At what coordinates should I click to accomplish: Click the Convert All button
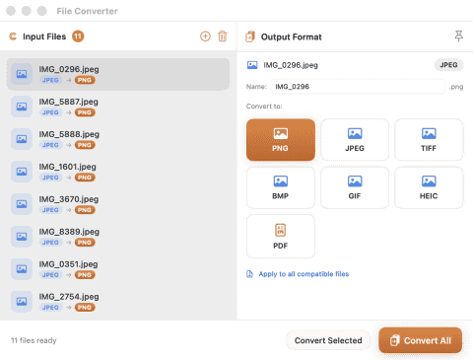420,340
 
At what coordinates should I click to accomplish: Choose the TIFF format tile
429,140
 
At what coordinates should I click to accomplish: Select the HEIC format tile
429,187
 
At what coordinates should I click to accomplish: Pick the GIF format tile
355,187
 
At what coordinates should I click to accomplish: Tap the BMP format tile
281,187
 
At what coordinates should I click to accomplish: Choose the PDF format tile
281,237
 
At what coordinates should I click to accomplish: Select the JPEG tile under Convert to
355,140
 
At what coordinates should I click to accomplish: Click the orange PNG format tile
281,140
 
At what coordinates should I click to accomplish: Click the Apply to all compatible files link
304,274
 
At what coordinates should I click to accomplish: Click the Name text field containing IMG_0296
358,87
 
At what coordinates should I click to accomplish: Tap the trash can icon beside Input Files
223,36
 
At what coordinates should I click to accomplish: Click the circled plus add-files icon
205,36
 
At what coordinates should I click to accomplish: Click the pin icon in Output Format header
459,36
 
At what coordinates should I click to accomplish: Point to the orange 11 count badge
78,36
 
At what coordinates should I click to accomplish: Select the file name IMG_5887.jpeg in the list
68,102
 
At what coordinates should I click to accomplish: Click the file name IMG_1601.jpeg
67,167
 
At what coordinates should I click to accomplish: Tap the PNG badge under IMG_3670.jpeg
85,210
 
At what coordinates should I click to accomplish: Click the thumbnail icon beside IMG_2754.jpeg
22,302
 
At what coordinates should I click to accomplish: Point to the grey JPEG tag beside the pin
448,65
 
